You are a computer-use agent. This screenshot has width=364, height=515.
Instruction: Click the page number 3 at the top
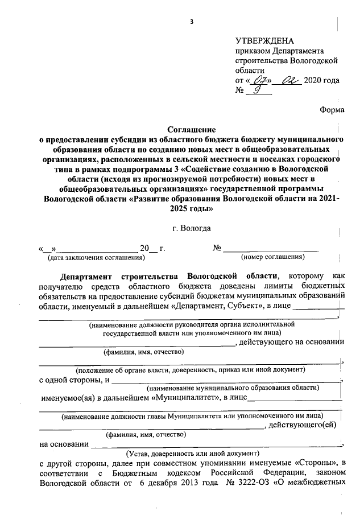click(x=192, y=22)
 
